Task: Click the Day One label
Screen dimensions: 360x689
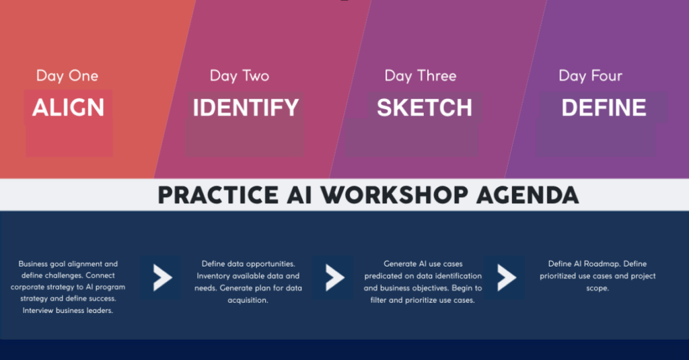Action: pyautogui.click(x=67, y=75)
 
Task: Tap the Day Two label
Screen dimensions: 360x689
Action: pyautogui.click(x=240, y=75)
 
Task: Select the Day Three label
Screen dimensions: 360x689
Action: pyautogui.click(x=421, y=75)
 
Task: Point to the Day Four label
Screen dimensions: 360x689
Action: pyautogui.click(x=590, y=75)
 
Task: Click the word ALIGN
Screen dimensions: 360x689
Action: pyautogui.click(x=69, y=108)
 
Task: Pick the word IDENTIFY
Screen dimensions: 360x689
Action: pyautogui.click(x=246, y=108)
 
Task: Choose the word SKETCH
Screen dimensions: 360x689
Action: pyautogui.click(x=425, y=108)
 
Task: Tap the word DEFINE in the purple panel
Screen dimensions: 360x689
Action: pyautogui.click(x=604, y=108)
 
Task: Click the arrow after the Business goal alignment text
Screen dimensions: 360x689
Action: pyautogui.click(x=161, y=277)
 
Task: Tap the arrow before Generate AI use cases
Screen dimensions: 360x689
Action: pyautogui.click(x=334, y=277)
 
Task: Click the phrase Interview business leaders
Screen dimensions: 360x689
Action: pyautogui.click(x=67, y=310)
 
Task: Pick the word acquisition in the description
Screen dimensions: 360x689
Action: pyautogui.click(x=249, y=300)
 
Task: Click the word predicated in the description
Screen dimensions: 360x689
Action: pyautogui.click(x=386, y=276)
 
